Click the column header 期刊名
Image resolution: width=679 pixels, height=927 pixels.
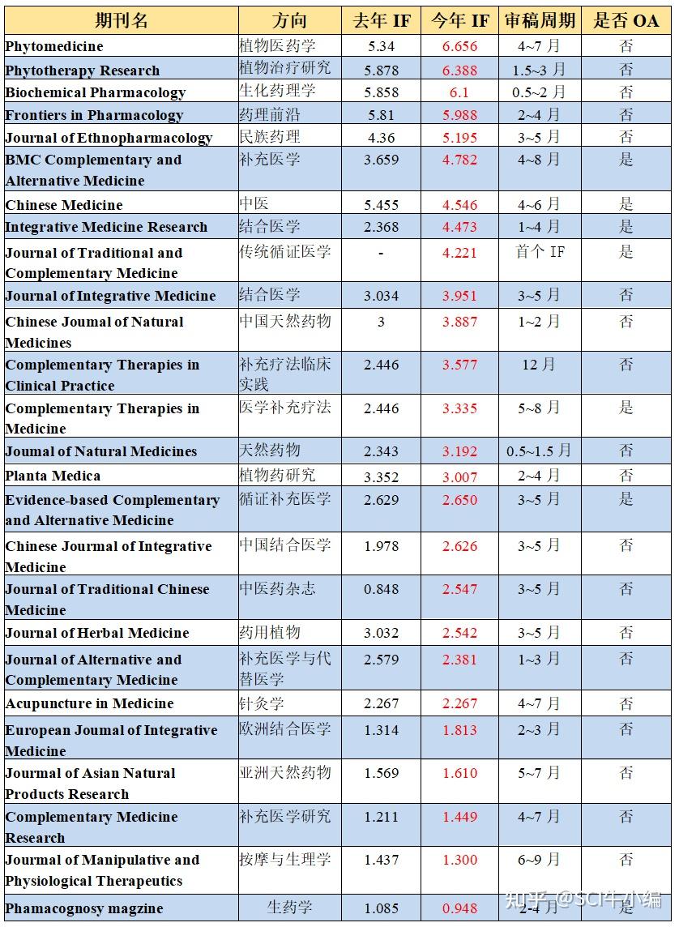tap(121, 20)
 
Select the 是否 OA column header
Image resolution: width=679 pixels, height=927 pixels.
tap(626, 20)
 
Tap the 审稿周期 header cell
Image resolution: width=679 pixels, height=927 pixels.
tap(540, 20)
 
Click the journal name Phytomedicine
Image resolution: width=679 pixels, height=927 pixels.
tap(54, 46)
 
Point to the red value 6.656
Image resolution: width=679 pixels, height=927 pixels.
tap(459, 46)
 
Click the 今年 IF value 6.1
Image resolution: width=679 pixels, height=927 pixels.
tap(459, 92)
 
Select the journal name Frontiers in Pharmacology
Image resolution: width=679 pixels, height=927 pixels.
tap(94, 115)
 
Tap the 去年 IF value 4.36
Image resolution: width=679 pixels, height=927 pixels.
tap(381, 137)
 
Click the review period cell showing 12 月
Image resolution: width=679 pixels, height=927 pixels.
tap(539, 365)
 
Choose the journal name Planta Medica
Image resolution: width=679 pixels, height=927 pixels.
tap(53, 476)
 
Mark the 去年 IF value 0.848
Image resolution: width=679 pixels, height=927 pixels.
tap(381, 589)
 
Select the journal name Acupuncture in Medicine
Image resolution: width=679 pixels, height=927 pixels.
tap(89, 703)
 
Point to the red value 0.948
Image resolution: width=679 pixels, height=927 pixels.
tap(459, 908)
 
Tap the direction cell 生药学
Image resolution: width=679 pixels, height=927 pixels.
tap(289, 908)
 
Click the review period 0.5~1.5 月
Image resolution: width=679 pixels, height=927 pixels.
tap(539, 451)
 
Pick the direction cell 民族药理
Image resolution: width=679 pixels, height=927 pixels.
tap(270, 137)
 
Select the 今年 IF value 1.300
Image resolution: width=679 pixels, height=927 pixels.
tap(459, 860)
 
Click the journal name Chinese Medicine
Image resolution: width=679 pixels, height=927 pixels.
tap(64, 205)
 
